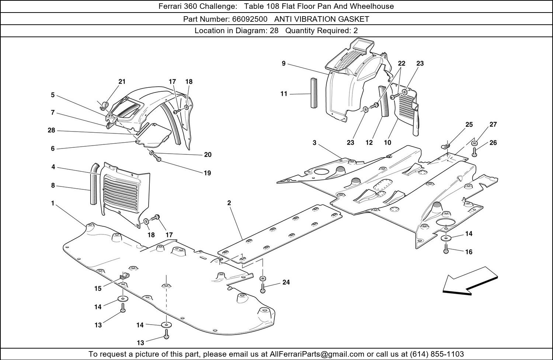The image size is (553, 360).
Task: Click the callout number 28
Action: click(x=51, y=130)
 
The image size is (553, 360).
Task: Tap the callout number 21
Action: click(x=122, y=82)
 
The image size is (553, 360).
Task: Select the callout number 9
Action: click(x=284, y=63)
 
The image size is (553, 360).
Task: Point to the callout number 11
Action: click(x=284, y=94)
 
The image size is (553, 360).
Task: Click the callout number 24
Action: click(x=286, y=282)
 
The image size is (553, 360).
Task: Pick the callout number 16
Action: click(x=469, y=252)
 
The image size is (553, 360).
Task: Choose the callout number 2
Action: click(x=229, y=203)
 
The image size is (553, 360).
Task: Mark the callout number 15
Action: click(x=98, y=289)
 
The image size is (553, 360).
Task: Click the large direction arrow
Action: click(x=470, y=281)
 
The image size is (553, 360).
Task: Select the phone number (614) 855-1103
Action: click(x=437, y=354)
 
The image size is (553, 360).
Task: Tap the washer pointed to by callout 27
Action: click(x=474, y=143)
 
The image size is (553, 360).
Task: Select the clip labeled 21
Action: click(x=104, y=106)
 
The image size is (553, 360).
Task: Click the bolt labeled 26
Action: click(x=474, y=151)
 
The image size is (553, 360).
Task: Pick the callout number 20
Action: click(x=208, y=155)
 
